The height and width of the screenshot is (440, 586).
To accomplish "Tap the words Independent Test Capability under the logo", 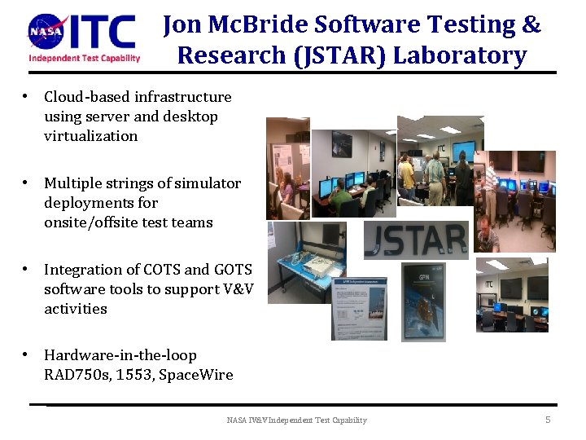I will click(x=85, y=58).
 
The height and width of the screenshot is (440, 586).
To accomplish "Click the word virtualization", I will click(x=91, y=136).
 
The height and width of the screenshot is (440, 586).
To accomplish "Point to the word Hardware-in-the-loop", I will click(x=120, y=355).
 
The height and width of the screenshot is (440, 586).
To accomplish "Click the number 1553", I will click(x=139, y=375).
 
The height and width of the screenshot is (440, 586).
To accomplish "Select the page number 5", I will click(x=548, y=420).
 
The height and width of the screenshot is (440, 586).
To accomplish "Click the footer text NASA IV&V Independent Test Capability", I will click(x=296, y=420).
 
